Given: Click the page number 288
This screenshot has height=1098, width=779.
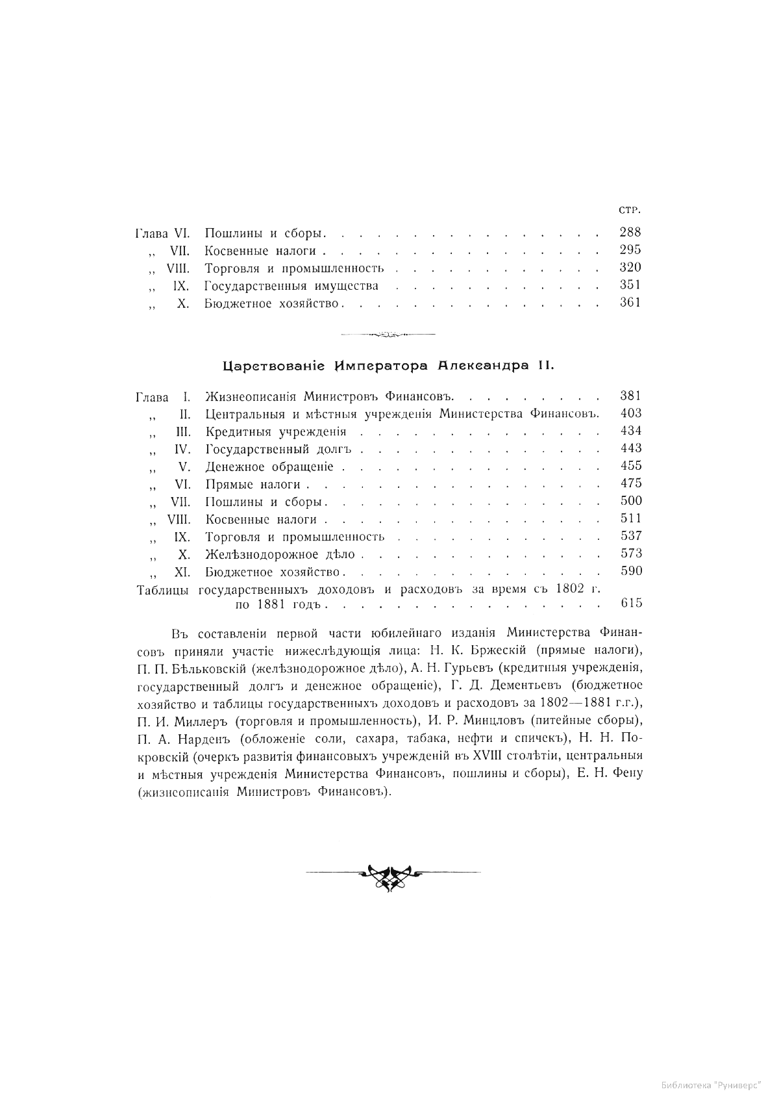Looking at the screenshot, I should (630, 232).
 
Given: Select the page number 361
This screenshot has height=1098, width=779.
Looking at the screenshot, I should (630, 302).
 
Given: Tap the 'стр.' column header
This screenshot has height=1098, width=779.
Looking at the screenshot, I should (630, 210).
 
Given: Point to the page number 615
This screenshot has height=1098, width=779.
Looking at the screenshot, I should (631, 603).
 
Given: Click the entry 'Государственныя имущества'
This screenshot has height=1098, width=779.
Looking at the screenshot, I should (291, 285).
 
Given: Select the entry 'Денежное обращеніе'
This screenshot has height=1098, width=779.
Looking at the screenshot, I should (269, 466).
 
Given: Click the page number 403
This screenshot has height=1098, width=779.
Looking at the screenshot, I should (631, 413).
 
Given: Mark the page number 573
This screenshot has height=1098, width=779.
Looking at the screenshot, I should (631, 554).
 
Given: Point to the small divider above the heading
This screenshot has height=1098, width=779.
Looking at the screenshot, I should (388, 335).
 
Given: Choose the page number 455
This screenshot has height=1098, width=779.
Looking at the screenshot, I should (631, 466).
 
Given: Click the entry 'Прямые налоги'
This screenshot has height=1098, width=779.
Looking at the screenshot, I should (253, 484).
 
